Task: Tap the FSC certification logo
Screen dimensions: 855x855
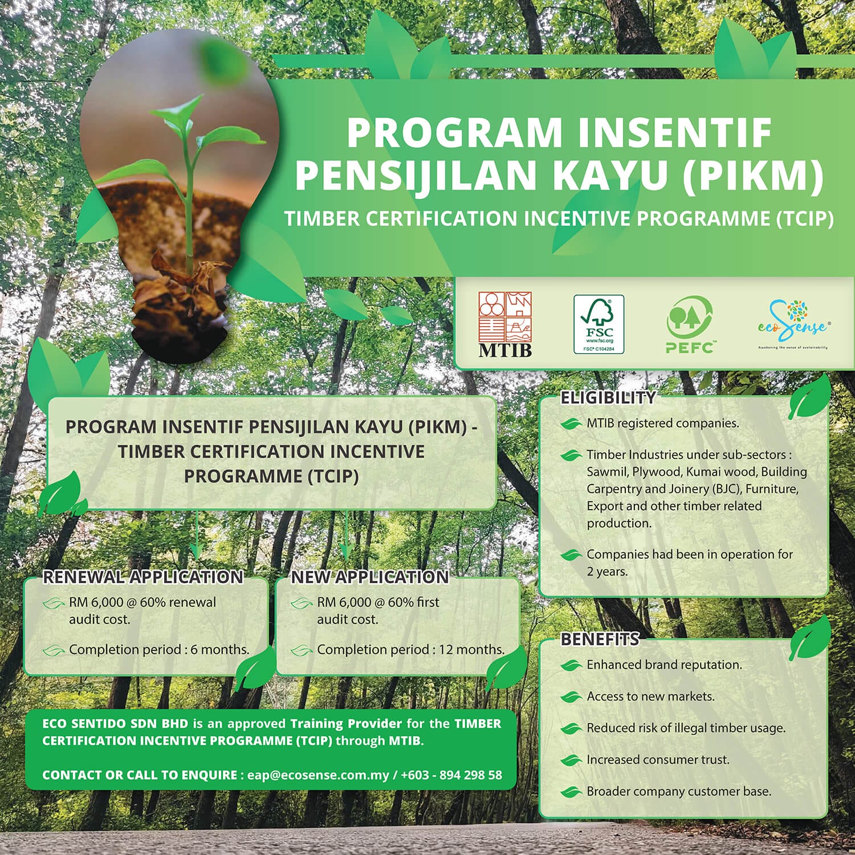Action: [598, 324]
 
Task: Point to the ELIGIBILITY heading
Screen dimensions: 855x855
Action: [608, 398]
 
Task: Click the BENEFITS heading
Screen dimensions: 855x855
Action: [600, 640]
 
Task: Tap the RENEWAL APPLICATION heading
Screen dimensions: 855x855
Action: [143, 577]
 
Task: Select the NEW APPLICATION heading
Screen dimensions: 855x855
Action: [370, 577]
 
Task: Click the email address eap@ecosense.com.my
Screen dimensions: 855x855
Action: [318, 775]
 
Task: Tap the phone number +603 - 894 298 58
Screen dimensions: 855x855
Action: [451, 775]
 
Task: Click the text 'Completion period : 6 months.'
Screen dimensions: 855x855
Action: [159, 649]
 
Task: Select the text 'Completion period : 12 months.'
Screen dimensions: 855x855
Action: [410, 649]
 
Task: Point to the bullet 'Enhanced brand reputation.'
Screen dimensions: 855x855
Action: [664, 665]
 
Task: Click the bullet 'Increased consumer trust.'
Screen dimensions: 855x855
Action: [658, 760]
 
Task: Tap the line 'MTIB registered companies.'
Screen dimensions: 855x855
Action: [662, 424]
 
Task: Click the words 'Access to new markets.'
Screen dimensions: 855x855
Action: [650, 697]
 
